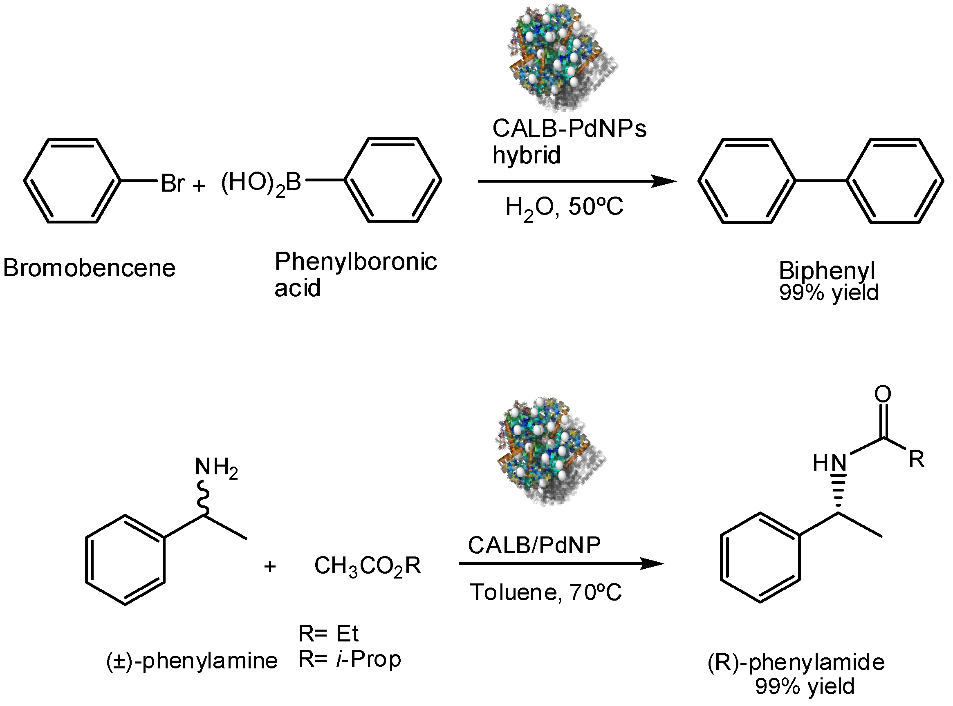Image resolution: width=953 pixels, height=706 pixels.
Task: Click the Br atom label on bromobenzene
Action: [173, 183]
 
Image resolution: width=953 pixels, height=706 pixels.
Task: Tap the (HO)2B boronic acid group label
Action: [261, 183]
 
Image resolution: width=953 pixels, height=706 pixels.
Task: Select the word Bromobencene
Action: [89, 268]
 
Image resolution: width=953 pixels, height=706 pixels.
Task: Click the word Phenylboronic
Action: [355, 261]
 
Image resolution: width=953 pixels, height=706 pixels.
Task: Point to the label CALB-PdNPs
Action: [569, 128]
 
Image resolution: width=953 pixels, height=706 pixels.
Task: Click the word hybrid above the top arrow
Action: [526, 155]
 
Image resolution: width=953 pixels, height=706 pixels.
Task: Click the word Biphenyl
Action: [826, 270]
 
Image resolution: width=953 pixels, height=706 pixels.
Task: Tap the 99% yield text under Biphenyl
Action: [828, 293]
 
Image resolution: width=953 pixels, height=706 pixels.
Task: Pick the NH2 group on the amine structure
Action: [216, 467]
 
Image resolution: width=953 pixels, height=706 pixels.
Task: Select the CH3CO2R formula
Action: [367, 566]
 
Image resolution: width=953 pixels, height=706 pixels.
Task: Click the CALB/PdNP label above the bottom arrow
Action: [534, 545]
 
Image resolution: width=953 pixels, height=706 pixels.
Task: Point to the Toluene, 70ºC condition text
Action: [545, 592]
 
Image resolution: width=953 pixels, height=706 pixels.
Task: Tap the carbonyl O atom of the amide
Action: [882, 393]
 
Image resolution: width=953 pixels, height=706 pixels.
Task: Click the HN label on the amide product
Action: [830, 462]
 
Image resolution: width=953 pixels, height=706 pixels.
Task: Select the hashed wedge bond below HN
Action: [839, 492]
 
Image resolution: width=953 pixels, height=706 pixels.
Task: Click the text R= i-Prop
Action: [349, 659]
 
